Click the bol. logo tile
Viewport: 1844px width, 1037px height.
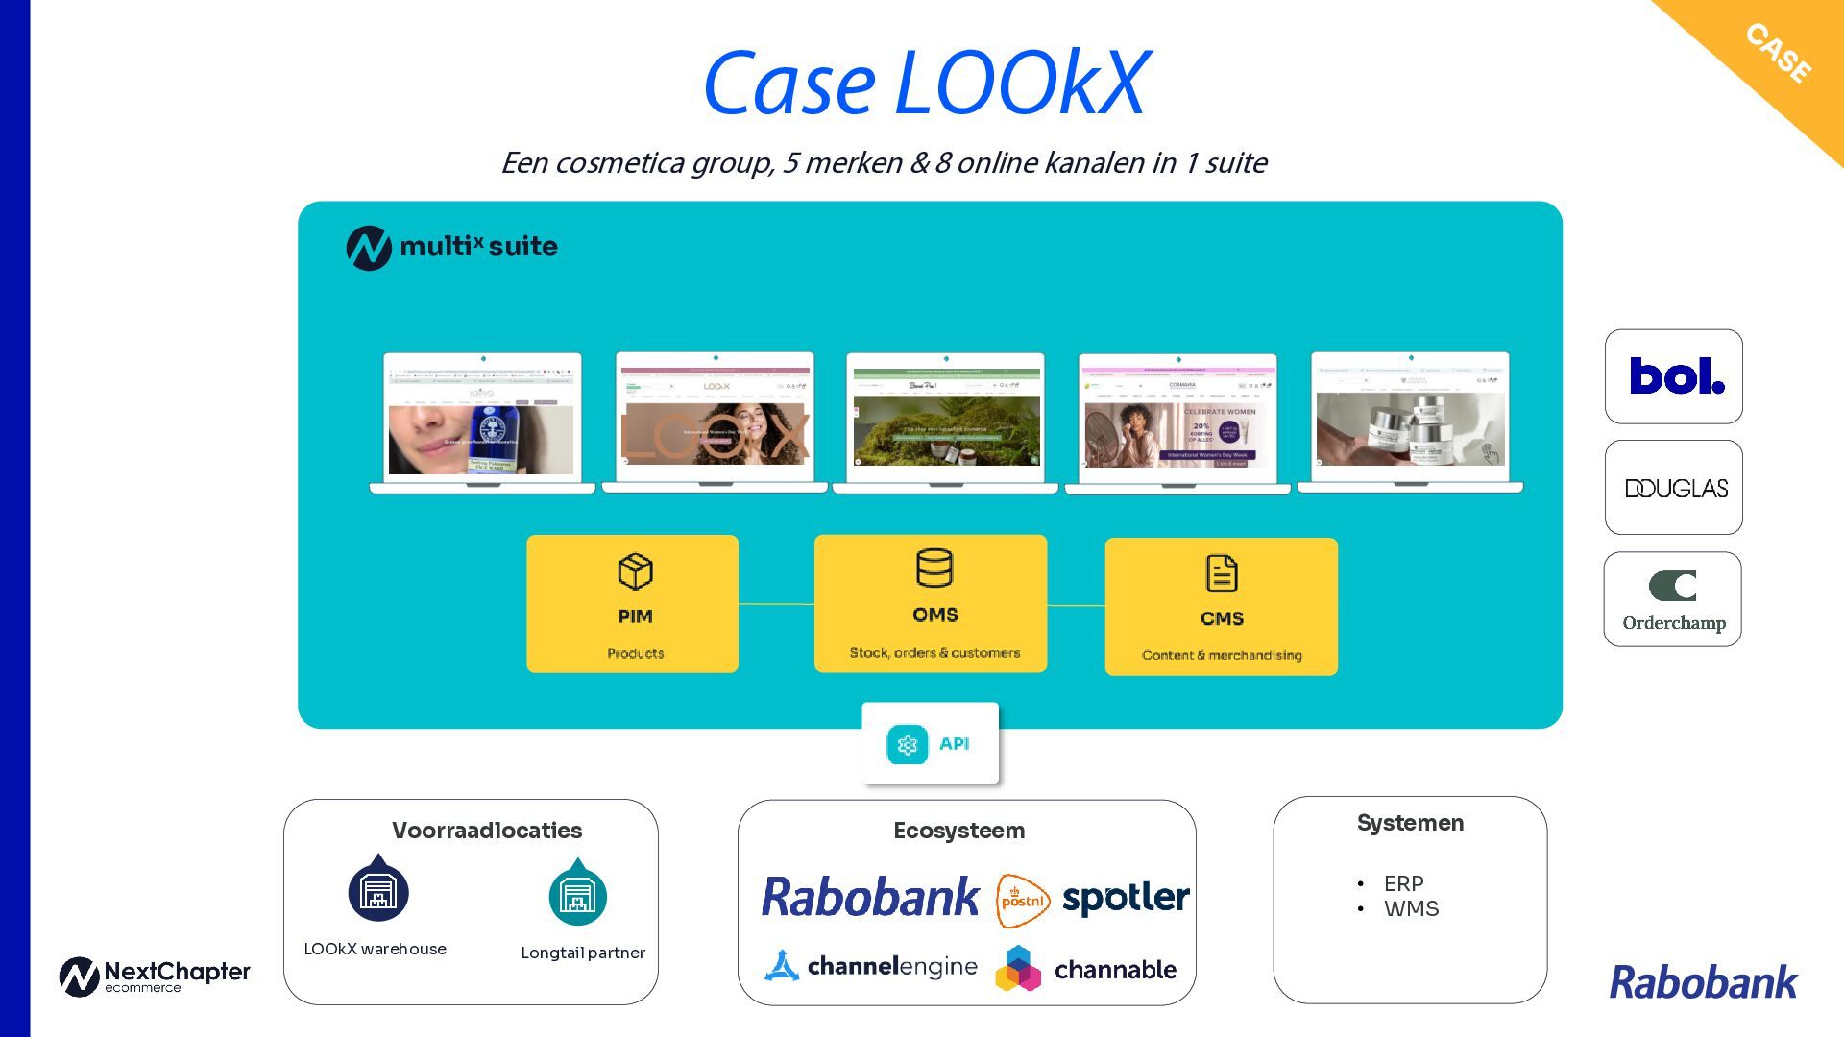tap(1673, 376)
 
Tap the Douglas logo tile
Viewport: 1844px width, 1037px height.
tap(1673, 488)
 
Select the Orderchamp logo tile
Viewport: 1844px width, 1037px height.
tap(1672, 599)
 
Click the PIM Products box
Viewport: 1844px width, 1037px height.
tap(633, 604)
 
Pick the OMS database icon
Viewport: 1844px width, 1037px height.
tap(934, 567)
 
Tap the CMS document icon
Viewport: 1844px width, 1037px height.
tap(1221, 574)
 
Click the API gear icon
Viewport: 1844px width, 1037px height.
tap(907, 744)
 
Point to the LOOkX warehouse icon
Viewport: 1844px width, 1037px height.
tap(378, 890)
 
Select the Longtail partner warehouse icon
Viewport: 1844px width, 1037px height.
tap(577, 894)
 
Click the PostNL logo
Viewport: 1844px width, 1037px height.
tap(1022, 901)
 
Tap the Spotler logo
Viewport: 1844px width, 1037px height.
tap(1126, 899)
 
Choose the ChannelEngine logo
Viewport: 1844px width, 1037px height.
tap(871, 966)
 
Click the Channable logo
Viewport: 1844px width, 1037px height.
tap(1086, 968)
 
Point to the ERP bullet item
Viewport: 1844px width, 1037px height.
tap(1403, 883)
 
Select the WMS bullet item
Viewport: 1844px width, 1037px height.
tap(1411, 908)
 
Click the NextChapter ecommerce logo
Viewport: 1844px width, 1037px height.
tap(155, 977)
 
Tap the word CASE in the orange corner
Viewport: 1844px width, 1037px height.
tap(1779, 53)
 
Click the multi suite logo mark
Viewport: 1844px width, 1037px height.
tap(369, 248)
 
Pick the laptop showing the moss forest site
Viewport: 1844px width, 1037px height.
tap(945, 422)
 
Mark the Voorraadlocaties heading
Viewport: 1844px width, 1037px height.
tap(487, 831)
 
